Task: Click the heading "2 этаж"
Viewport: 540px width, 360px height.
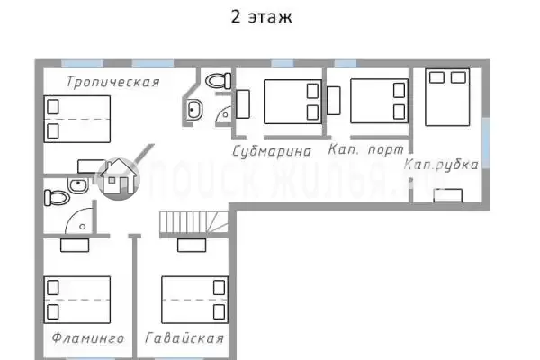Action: point(261,16)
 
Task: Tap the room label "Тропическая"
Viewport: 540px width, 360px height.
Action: point(113,82)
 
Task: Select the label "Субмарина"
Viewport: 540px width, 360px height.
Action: point(272,151)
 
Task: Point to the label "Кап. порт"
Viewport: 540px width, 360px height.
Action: point(365,149)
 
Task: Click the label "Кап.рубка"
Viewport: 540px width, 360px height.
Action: point(441,165)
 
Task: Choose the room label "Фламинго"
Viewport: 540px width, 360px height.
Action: point(88,338)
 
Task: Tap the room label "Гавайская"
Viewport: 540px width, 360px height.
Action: point(184,338)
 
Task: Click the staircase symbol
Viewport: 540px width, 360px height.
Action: point(193,222)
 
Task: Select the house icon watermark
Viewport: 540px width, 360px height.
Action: point(118,179)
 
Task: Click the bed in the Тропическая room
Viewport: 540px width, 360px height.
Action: point(77,119)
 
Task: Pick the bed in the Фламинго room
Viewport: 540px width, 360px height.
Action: point(77,300)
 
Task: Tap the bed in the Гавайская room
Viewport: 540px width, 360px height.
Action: point(195,300)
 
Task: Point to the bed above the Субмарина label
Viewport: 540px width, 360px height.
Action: point(292,102)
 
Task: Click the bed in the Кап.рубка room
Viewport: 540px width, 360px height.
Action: point(447,97)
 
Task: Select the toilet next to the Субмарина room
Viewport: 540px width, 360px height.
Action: point(219,81)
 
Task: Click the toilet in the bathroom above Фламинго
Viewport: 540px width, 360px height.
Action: point(57,198)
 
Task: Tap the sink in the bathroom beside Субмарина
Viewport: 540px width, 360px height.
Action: point(194,110)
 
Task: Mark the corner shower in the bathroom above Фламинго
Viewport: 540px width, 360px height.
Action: point(79,221)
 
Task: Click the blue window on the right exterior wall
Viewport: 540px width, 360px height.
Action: point(486,142)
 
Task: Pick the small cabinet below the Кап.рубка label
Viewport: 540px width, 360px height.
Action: point(447,195)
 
